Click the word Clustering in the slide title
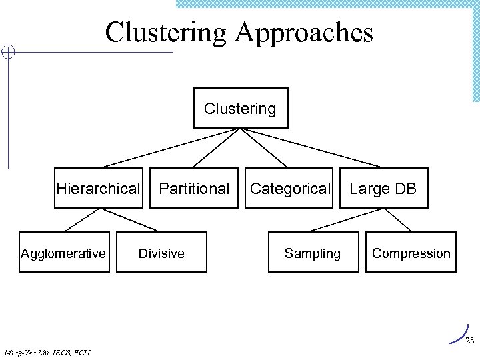(x=165, y=33)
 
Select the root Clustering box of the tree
(x=241, y=108)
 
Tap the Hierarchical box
(x=99, y=189)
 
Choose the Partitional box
(x=193, y=189)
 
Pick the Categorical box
(x=289, y=189)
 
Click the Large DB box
(x=383, y=189)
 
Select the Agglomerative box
(x=63, y=253)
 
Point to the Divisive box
(x=161, y=253)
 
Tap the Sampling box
(x=313, y=253)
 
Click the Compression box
(x=411, y=253)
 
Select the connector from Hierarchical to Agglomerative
(x=81, y=220)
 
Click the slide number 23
(x=469, y=341)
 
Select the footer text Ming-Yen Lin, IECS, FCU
(x=47, y=352)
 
